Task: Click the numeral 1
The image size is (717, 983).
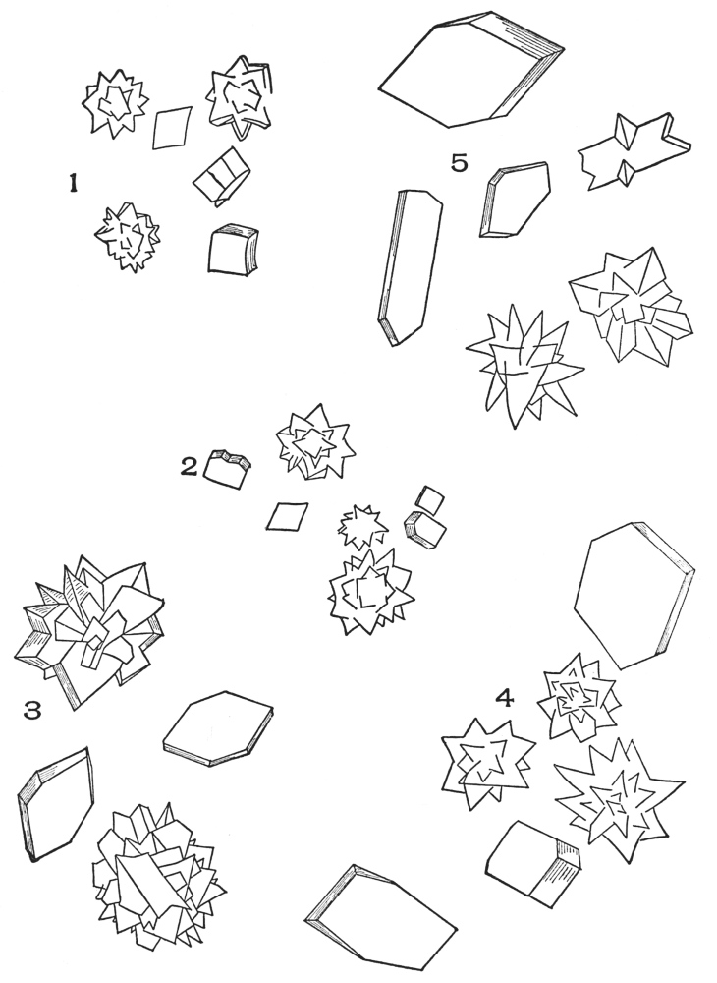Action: (74, 183)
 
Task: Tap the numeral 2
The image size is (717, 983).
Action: (190, 466)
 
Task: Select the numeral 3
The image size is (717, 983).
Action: (32, 711)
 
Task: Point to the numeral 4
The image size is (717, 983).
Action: (505, 697)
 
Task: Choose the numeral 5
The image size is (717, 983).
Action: (459, 163)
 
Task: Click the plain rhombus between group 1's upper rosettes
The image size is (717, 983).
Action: (172, 128)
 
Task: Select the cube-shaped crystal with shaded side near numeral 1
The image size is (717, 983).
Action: (232, 250)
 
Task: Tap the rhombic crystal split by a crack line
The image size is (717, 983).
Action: (221, 176)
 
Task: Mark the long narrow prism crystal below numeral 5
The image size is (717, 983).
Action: (411, 266)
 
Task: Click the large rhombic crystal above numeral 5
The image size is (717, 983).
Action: (470, 68)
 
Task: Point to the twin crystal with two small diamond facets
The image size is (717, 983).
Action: (634, 151)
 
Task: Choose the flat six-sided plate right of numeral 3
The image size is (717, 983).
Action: (218, 729)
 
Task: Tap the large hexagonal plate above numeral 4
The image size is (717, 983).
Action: (634, 595)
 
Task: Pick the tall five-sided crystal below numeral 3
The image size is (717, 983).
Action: (55, 802)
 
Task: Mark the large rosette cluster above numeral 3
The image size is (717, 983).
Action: (89, 631)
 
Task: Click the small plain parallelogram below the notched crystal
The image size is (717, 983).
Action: (287, 516)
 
